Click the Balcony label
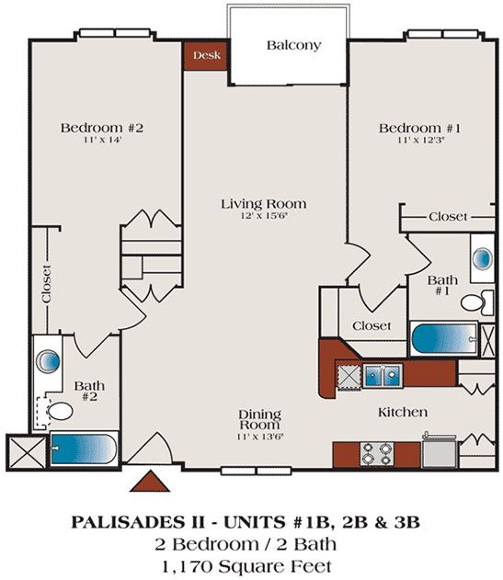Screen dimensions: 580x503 coord(293,45)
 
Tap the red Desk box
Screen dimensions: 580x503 coord(206,55)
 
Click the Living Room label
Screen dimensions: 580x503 coord(263,203)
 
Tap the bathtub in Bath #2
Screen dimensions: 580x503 coord(83,449)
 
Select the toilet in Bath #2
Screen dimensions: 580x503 coord(61,410)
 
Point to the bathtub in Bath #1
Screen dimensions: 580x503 coord(443,338)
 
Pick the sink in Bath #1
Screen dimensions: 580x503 coord(483,258)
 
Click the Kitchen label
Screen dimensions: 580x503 coord(403,413)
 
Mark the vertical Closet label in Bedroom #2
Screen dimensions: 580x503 coord(46,286)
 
